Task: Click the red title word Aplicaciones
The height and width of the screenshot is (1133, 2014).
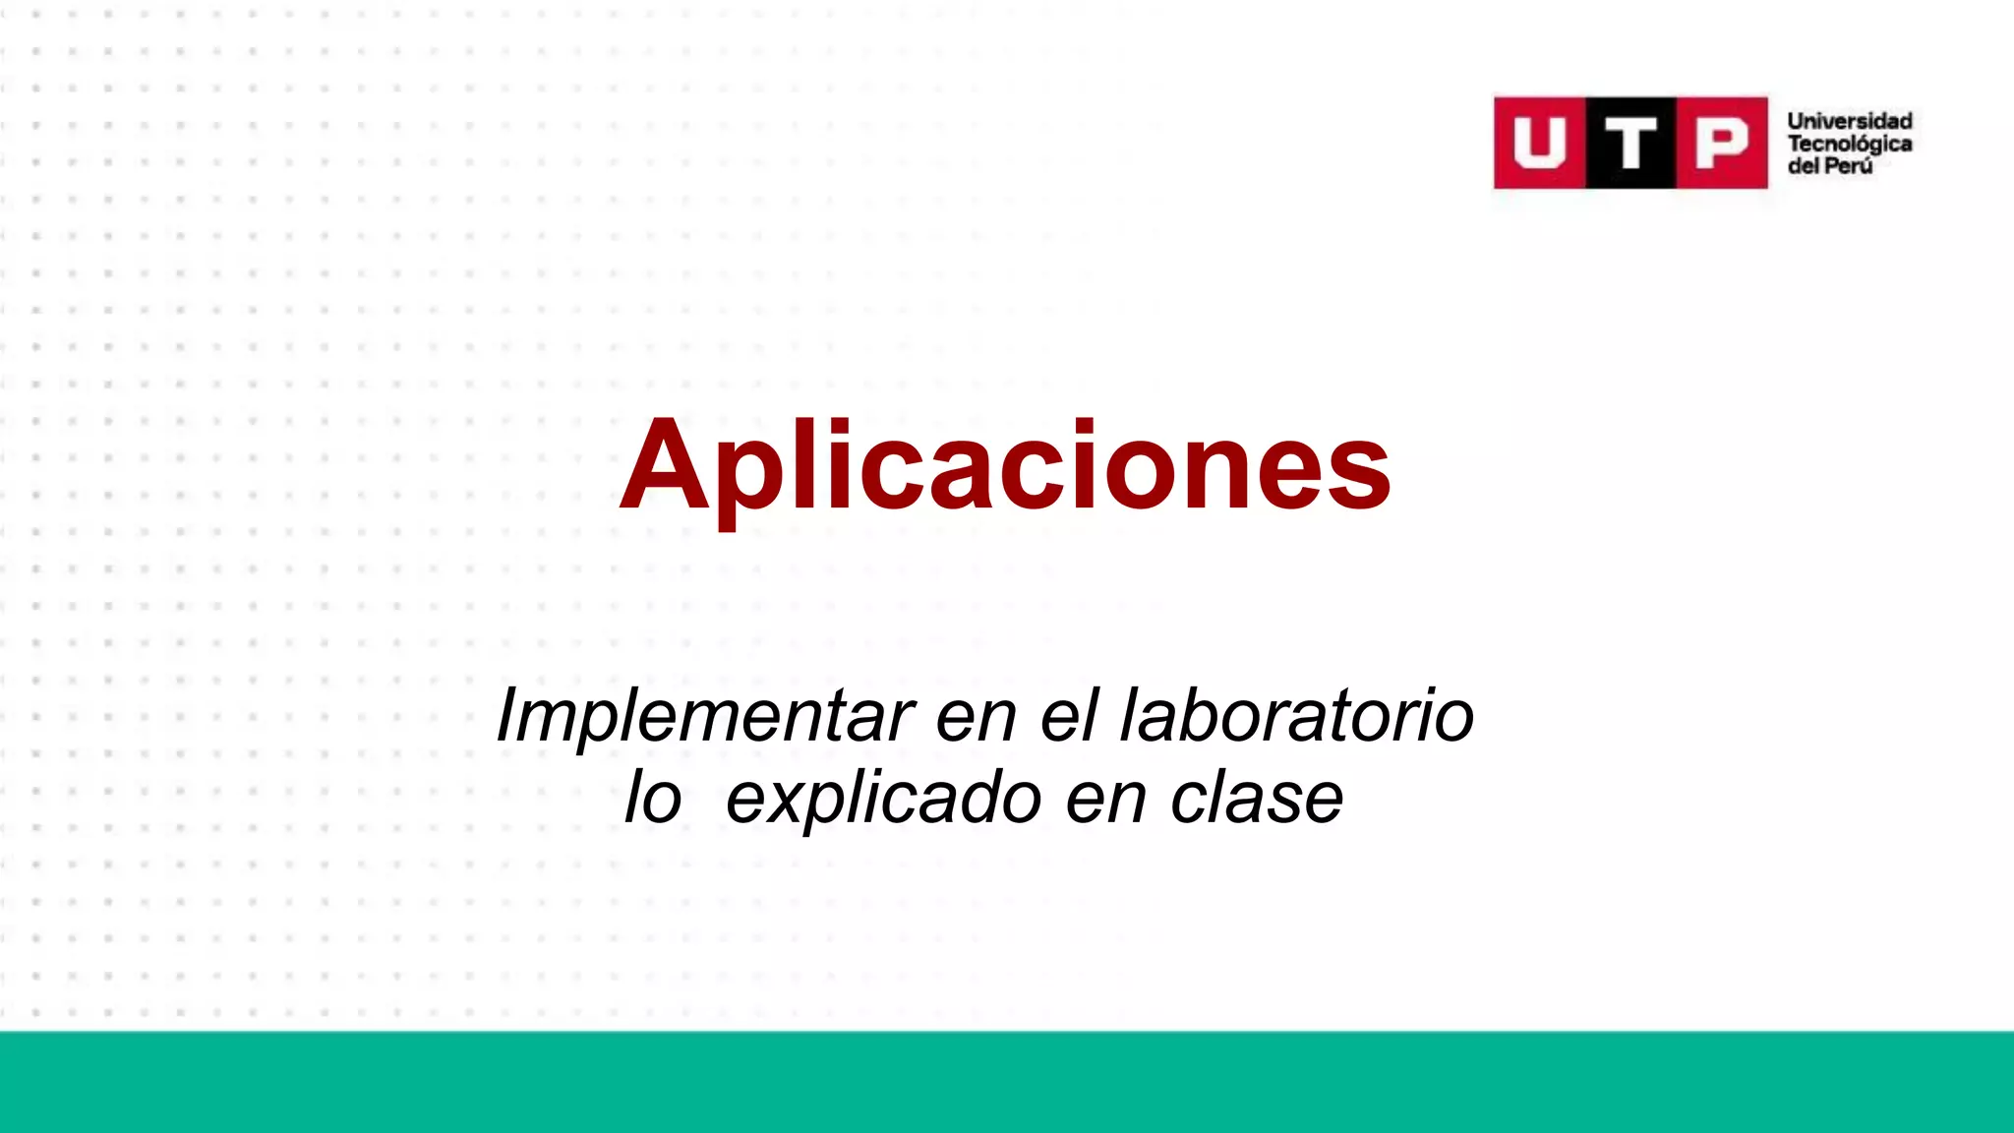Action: pos(1005,466)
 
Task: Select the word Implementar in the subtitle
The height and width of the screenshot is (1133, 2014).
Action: pos(704,715)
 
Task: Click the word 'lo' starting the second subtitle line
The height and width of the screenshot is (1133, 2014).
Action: pos(653,798)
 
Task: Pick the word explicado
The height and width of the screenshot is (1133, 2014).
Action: pos(883,800)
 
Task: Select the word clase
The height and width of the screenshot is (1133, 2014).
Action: pos(1256,798)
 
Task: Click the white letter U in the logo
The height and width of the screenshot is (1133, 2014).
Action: pos(1539,143)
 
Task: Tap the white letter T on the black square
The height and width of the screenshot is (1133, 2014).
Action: pos(1630,144)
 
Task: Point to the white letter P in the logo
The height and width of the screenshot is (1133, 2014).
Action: pos(1722,144)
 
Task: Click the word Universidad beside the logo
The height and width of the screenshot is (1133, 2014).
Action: pos(1849,121)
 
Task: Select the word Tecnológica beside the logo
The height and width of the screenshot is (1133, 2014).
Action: pos(1849,144)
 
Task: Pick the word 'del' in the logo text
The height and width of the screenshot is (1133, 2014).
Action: pos(1803,166)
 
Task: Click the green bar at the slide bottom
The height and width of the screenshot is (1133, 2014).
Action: pos(1007,1082)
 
